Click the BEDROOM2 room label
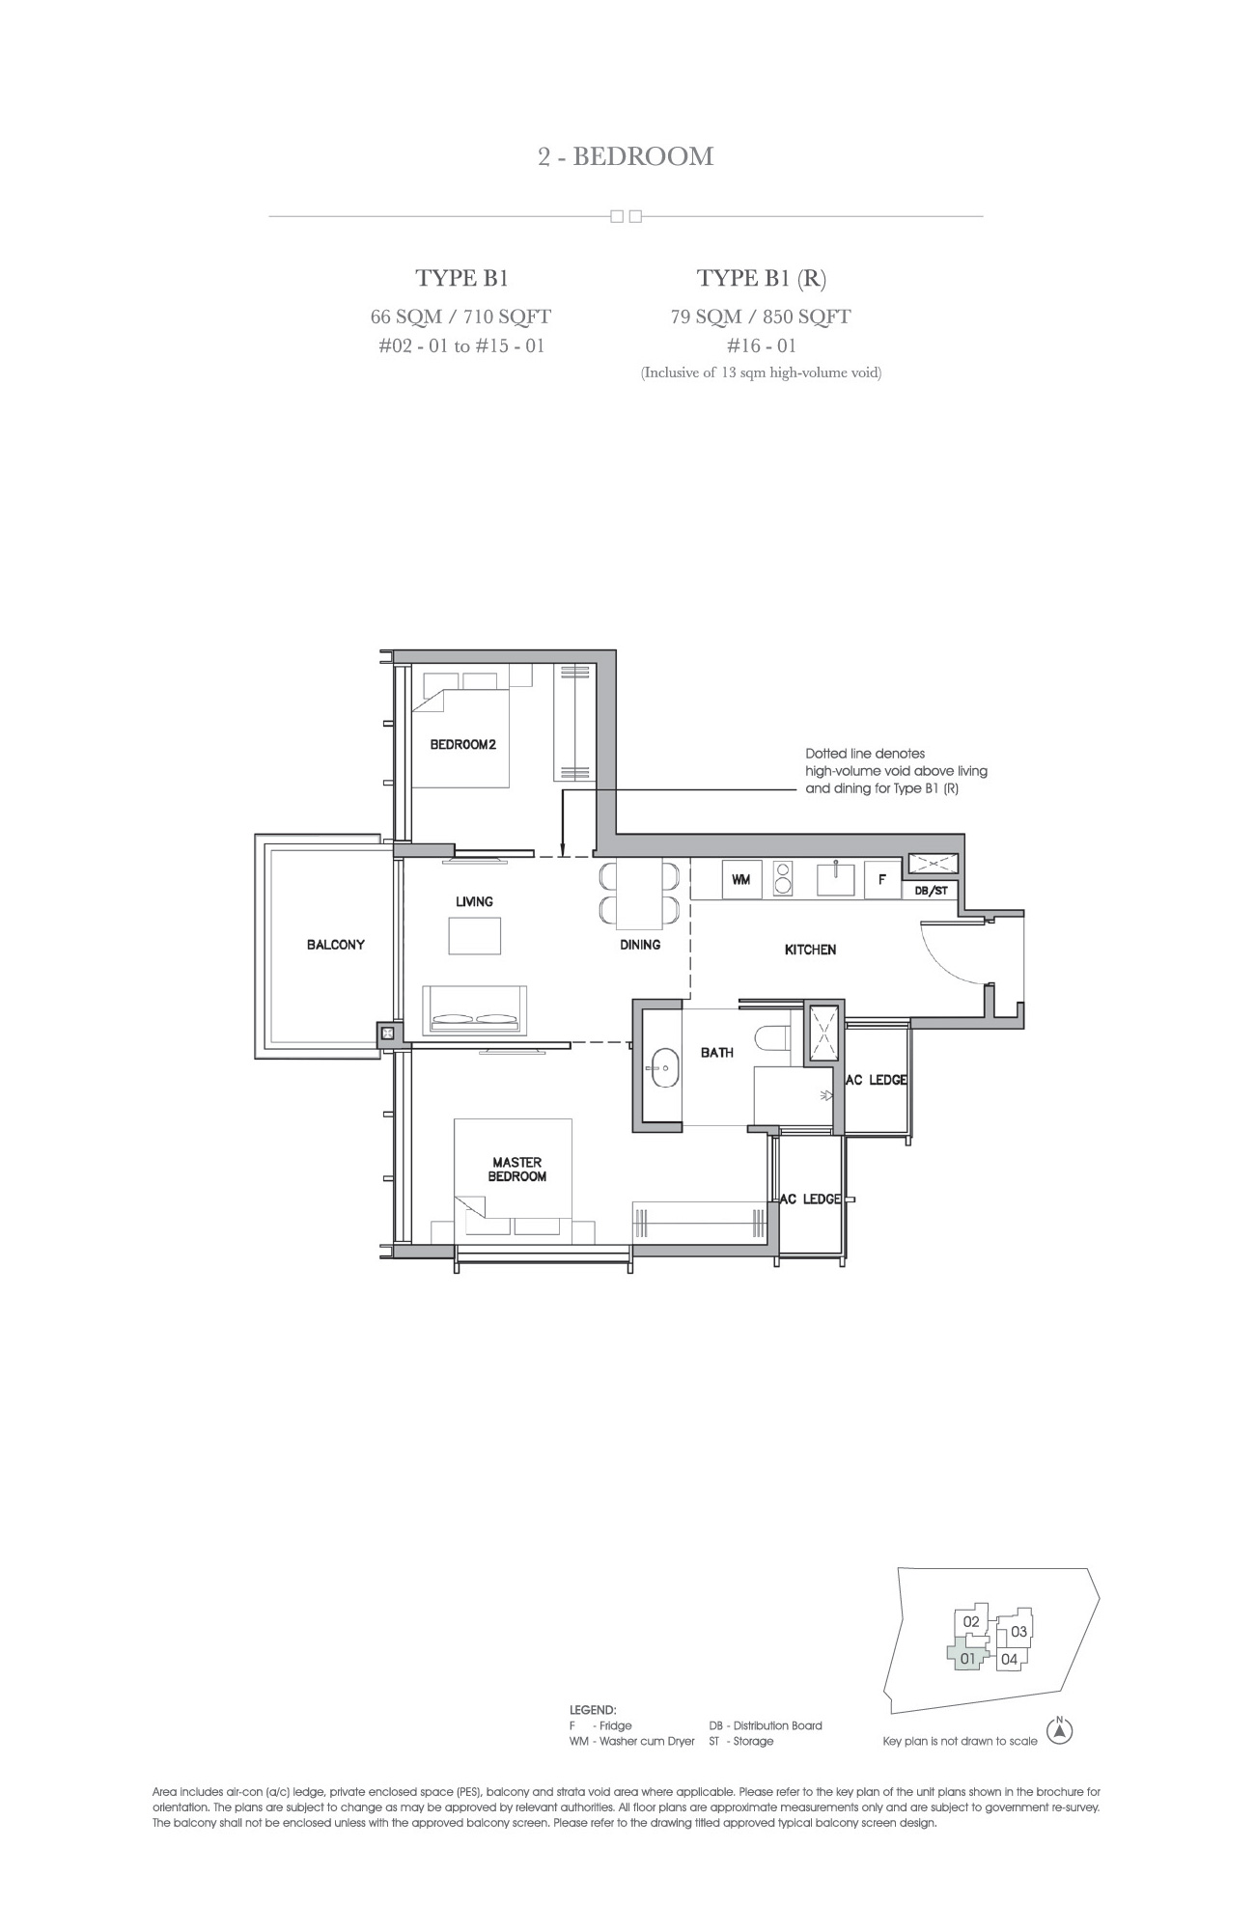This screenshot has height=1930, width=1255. tap(462, 744)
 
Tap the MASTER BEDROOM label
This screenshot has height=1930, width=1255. tap(517, 1170)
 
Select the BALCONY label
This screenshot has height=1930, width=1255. tap(336, 945)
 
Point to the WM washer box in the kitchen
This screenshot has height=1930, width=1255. tap(741, 879)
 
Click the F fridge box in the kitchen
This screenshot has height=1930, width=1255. tap(882, 879)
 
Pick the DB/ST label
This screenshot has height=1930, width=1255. tap(932, 891)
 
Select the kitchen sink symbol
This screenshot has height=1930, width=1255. tap(836, 879)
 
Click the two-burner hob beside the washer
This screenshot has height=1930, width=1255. tap(783, 879)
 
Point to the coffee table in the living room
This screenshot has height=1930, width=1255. tap(475, 935)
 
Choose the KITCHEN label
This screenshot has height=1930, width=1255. tap(810, 950)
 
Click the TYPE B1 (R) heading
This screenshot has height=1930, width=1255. tap(762, 279)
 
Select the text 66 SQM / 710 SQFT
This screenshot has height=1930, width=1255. tap(461, 317)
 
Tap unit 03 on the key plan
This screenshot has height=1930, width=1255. tap(1018, 1632)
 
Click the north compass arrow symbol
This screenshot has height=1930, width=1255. tap(1061, 1732)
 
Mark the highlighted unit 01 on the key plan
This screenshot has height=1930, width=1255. tap(968, 1659)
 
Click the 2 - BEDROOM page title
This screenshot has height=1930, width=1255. tap(626, 156)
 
